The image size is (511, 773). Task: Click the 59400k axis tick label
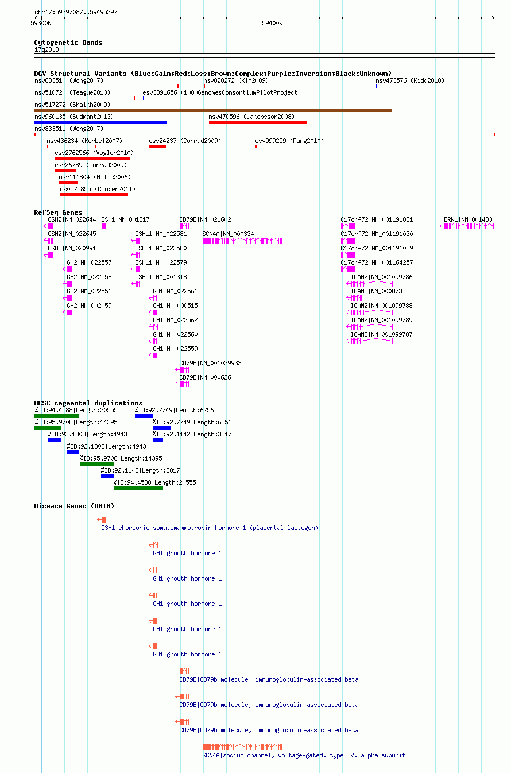tap(272, 23)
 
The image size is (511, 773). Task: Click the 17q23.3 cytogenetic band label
tap(47, 50)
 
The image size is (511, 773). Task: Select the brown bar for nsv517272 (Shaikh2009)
tap(213, 110)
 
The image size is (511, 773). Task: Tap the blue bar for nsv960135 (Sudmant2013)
tap(100, 122)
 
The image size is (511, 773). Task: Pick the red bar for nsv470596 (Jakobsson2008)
tap(258, 122)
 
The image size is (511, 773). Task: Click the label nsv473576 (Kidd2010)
tap(410, 81)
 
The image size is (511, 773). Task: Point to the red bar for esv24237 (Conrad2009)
tap(158, 146)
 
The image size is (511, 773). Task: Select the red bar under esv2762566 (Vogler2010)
tap(92, 159)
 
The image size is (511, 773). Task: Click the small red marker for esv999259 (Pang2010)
tap(257, 146)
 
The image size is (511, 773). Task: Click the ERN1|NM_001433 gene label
tap(468, 219)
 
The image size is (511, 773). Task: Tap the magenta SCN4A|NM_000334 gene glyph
tap(242, 241)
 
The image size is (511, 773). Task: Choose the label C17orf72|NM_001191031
tap(377, 219)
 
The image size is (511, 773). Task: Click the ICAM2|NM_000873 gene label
tap(377, 291)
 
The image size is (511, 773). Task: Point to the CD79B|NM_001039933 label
tap(210, 363)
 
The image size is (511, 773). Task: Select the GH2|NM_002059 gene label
tap(89, 306)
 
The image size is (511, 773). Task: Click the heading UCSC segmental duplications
tap(88, 403)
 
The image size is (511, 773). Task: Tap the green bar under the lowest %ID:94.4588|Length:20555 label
tap(138, 488)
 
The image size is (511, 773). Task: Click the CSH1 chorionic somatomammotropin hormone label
tap(210, 528)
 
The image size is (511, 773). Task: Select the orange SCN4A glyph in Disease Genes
tap(242, 747)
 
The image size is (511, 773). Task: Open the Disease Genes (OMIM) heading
tap(74, 506)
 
